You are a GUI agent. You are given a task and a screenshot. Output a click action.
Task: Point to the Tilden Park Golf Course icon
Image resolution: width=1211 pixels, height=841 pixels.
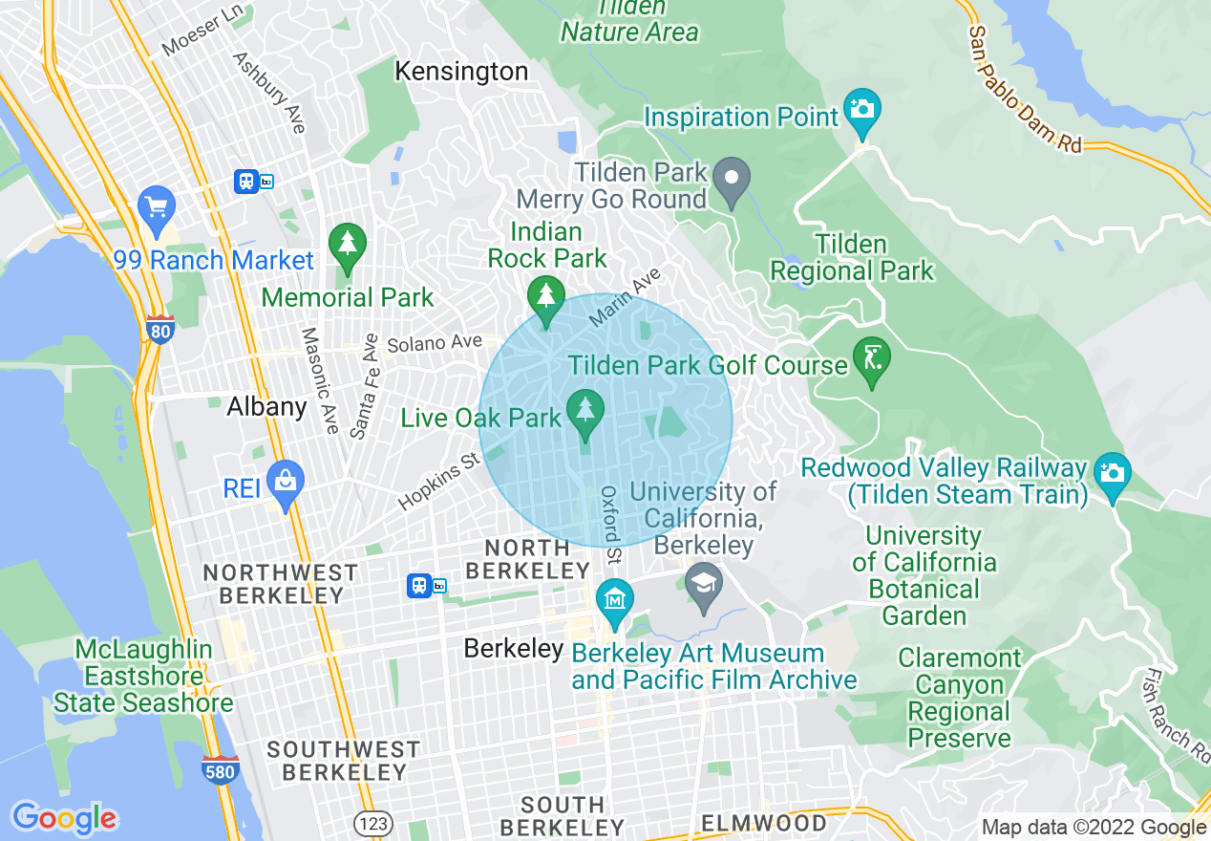871,360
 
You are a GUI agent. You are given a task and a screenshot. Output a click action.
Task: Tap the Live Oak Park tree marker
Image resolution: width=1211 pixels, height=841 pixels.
584,411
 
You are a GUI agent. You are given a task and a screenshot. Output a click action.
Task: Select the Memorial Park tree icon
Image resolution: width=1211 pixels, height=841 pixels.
348,245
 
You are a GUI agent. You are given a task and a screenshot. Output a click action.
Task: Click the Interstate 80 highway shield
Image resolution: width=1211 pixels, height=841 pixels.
160,330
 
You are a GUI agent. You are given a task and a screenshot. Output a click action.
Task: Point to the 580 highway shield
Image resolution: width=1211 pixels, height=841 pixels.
221,768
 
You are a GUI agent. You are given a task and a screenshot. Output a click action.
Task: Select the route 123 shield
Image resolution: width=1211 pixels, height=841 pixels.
369,822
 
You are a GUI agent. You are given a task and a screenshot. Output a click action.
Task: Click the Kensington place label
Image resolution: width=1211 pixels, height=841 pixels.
461,72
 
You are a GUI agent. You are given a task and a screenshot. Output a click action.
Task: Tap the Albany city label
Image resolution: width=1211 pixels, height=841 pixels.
266,407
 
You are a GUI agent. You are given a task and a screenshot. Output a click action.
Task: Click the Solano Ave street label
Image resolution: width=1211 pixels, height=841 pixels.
434,342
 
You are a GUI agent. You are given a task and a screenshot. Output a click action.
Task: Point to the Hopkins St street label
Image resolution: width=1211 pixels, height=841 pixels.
439,481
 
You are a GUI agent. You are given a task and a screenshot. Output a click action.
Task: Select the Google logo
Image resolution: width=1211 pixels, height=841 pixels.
64,818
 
